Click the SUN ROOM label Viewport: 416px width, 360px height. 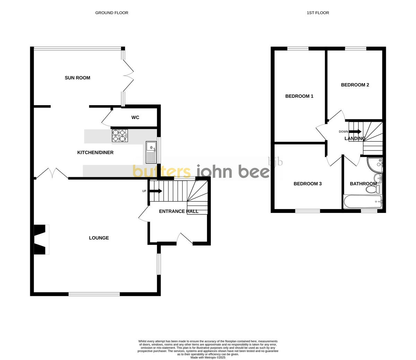click(77, 78)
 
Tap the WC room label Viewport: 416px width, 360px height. click(135, 118)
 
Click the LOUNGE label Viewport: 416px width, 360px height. click(99, 238)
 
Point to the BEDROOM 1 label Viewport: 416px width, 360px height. click(299, 96)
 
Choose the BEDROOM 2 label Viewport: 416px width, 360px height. click(355, 85)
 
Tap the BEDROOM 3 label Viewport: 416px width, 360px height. click(307, 184)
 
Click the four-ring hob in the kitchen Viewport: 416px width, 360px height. click(120, 136)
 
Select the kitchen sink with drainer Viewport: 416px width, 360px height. click(151, 152)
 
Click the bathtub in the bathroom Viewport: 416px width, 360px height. click(363, 201)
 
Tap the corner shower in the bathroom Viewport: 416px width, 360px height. click(376, 164)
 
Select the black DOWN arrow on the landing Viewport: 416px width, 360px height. click(355, 132)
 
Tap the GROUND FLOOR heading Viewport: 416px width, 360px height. click(112, 13)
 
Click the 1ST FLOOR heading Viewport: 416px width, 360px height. click(318, 13)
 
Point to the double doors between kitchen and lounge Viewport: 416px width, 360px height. click(52, 173)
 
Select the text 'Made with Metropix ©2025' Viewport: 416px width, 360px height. click(208, 357)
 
